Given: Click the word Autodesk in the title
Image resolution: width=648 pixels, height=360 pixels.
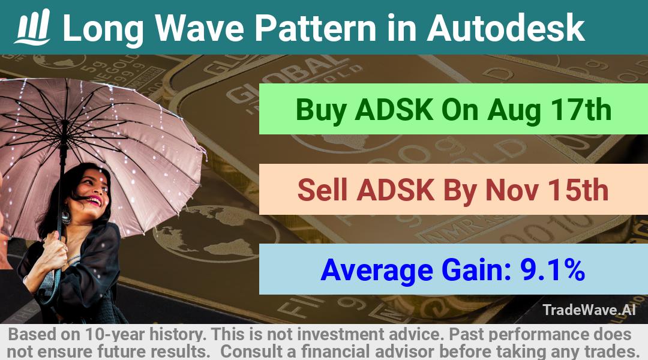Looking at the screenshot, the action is pyautogui.click(x=505, y=28).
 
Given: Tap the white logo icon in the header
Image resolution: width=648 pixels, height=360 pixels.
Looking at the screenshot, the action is pyautogui.click(x=32, y=27).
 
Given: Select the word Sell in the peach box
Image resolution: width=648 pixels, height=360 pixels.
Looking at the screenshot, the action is pyautogui.click(x=322, y=190).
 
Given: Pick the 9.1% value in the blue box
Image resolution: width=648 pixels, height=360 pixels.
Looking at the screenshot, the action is pyautogui.click(x=552, y=270).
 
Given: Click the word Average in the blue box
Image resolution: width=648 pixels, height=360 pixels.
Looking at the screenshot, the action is pyautogui.click(x=377, y=271).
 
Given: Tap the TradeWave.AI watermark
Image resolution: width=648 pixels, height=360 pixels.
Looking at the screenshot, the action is pyautogui.click(x=589, y=310).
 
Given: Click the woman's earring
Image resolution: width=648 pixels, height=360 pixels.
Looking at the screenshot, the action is pyautogui.click(x=66, y=216).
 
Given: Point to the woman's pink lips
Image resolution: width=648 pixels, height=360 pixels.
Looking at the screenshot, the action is pyautogui.click(x=94, y=201).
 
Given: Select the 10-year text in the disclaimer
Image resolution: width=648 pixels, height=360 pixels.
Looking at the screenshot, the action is pyautogui.click(x=115, y=334).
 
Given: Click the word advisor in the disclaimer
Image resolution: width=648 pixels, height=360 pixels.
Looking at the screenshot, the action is pyautogui.click(x=404, y=352).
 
